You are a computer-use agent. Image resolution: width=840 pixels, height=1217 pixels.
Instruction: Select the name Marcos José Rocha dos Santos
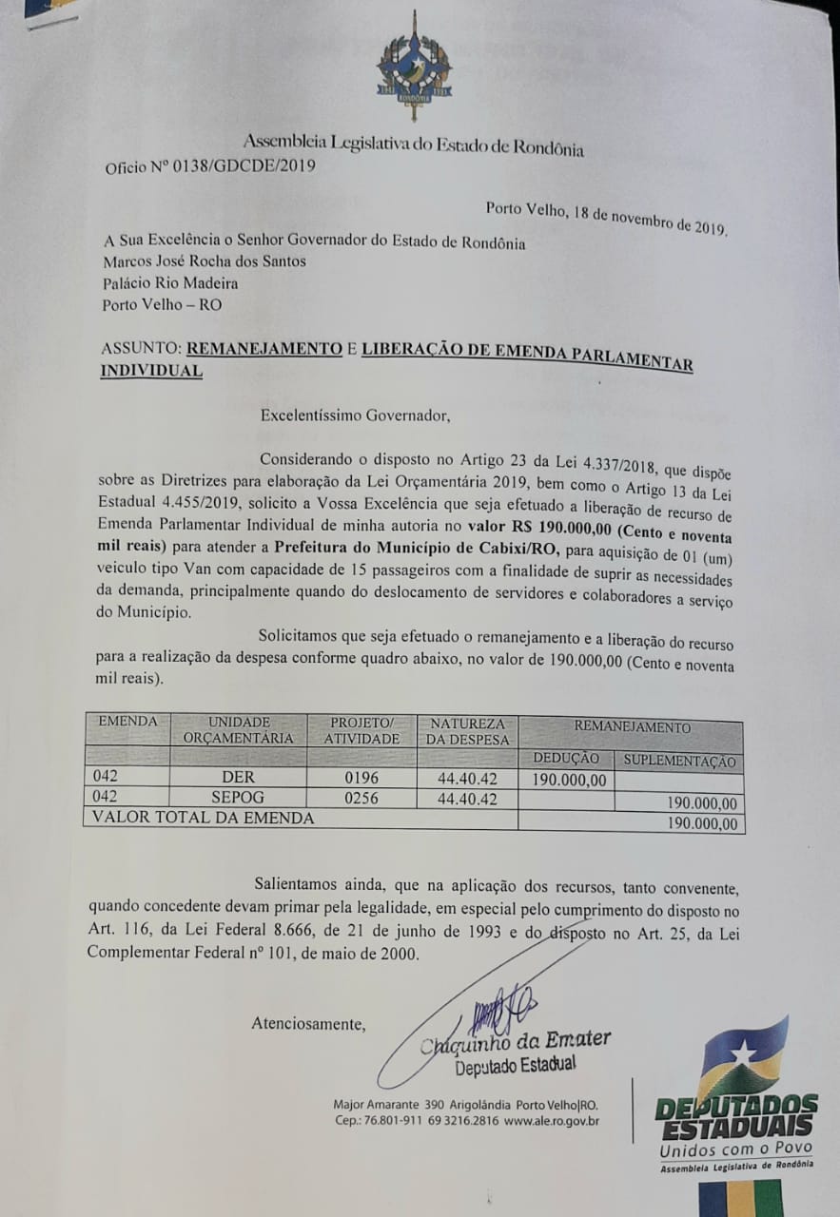coord(204,261)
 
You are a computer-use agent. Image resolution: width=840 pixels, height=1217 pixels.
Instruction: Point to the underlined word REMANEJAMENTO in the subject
coord(264,348)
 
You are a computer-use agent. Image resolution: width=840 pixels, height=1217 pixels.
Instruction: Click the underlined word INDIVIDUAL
coord(151,371)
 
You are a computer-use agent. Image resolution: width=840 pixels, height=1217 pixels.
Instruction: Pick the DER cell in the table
coord(238,778)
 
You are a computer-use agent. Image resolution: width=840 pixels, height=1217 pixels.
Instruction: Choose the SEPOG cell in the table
coord(238,798)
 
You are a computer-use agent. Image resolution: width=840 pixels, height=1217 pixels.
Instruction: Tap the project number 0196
coord(361,778)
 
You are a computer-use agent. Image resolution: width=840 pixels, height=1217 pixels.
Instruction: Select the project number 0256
coord(361,798)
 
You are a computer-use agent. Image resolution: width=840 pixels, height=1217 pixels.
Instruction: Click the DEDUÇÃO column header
coord(566,758)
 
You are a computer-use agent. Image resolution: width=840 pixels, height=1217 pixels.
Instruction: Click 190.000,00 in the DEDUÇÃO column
coord(569,780)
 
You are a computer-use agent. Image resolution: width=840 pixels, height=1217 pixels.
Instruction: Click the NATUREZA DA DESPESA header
coord(467,730)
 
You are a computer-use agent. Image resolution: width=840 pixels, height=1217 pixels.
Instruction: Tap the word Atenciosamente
coord(308,1023)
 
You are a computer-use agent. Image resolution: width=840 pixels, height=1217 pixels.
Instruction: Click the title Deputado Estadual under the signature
coord(515,1065)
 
